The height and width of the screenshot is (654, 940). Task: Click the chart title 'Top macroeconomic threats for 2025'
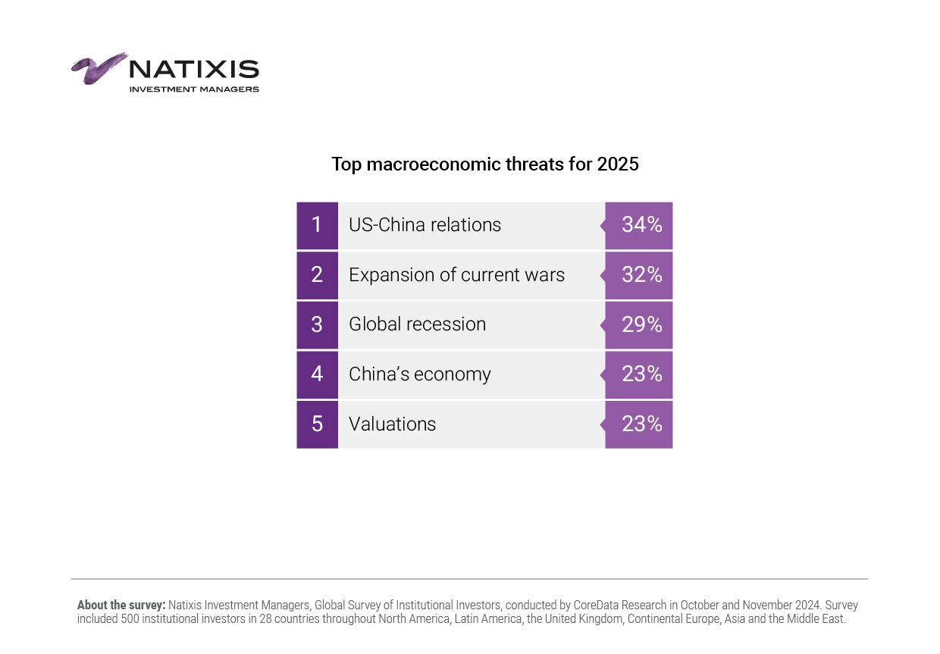(484, 164)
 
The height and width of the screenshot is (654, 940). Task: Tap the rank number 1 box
(317, 225)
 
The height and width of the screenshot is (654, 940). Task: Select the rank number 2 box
(317, 274)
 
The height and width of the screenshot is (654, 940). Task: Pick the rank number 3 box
(317, 324)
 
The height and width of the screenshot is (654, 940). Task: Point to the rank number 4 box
(317, 374)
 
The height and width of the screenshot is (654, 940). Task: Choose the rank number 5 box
(317, 424)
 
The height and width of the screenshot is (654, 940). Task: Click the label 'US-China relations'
(425, 225)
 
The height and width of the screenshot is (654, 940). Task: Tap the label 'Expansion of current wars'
(456, 274)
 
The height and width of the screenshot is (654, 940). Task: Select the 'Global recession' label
(417, 324)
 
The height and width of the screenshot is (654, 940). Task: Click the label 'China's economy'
(419, 374)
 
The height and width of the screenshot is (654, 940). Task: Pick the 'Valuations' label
(392, 424)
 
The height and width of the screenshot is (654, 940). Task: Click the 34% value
(641, 225)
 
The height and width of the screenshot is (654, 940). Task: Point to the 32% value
(641, 274)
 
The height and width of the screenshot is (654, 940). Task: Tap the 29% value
(641, 324)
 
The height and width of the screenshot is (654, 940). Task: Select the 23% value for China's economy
(641, 374)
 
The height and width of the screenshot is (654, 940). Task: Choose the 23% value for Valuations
(641, 424)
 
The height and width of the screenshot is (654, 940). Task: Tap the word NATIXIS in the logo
(194, 70)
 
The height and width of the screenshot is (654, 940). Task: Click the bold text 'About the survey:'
(121, 605)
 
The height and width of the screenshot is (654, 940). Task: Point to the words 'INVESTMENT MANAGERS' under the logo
(194, 89)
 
